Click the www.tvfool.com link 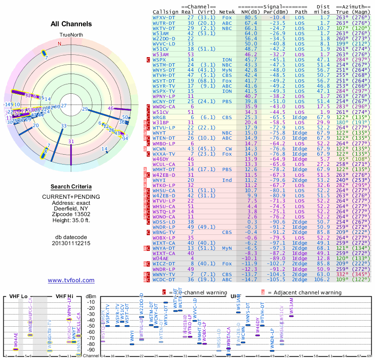(x=71, y=280)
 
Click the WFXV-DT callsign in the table (x=164, y=17)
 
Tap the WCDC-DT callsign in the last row (x=164, y=279)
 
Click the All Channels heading (x=71, y=24)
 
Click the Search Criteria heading (x=71, y=187)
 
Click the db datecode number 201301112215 (x=71, y=243)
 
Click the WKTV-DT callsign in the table (x=164, y=28)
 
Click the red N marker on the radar (x=60, y=44)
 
